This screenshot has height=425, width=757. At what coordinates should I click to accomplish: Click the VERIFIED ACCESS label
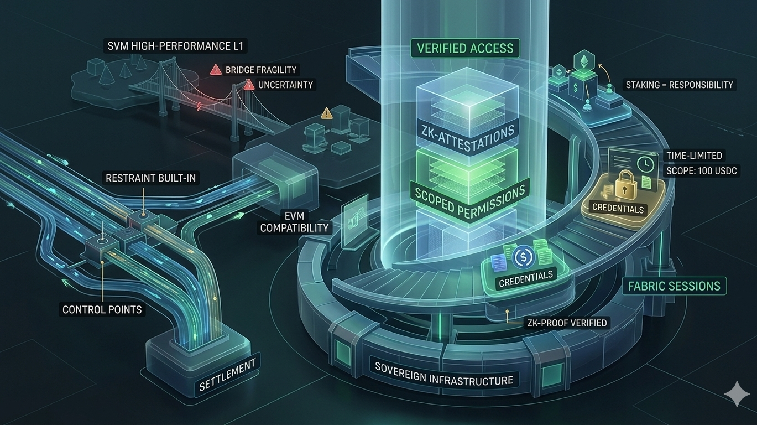point(465,48)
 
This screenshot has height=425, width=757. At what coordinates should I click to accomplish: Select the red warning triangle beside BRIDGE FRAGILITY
point(216,70)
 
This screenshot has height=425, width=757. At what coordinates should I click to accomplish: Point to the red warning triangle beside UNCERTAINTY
point(249,85)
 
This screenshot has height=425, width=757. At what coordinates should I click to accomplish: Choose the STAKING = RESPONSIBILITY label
point(679,85)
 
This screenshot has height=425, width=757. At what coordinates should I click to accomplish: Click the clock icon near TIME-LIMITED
point(643,163)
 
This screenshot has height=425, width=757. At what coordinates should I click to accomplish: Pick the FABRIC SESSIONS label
point(677,286)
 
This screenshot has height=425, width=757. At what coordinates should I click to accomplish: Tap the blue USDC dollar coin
point(522,257)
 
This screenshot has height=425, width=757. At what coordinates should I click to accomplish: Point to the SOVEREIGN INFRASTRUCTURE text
point(444,374)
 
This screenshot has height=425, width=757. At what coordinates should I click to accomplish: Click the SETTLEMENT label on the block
point(227,376)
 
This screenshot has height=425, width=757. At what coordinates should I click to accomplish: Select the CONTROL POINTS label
point(102,309)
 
